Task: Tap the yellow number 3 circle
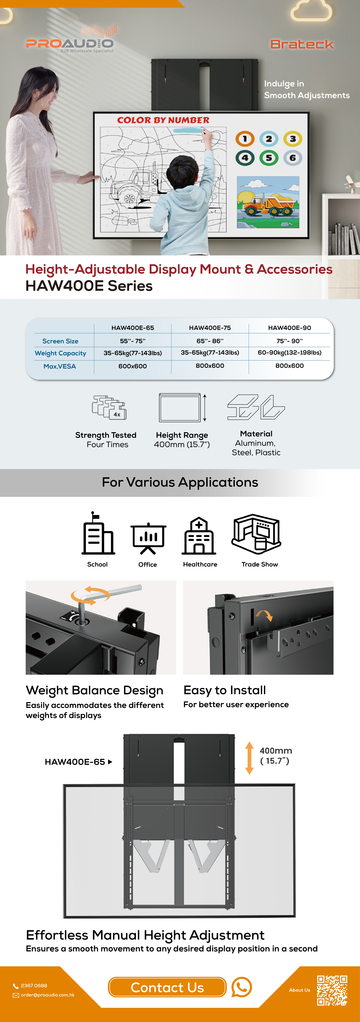293,139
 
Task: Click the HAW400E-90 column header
289,328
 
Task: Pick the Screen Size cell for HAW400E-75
210,341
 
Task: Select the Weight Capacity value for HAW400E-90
289,353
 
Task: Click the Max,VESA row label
59,366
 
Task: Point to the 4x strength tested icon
109,407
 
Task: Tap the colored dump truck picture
268,202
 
